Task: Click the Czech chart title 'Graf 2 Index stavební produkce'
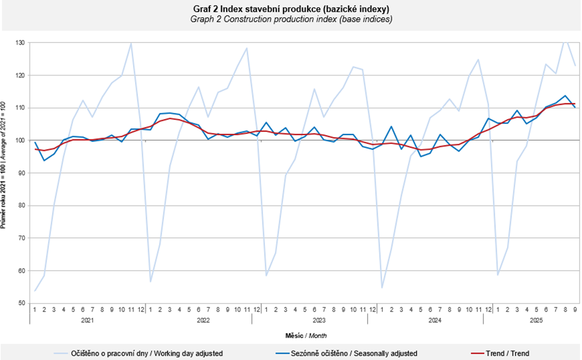(290, 9)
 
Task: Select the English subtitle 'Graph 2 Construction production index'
(290, 19)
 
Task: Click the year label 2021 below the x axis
(87, 320)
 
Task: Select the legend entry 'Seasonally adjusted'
(345, 353)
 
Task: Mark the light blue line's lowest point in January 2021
(35, 291)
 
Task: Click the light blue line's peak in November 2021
(131, 43)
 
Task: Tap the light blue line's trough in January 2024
(382, 288)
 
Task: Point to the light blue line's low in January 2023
(266, 276)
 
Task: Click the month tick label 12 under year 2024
(488, 309)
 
